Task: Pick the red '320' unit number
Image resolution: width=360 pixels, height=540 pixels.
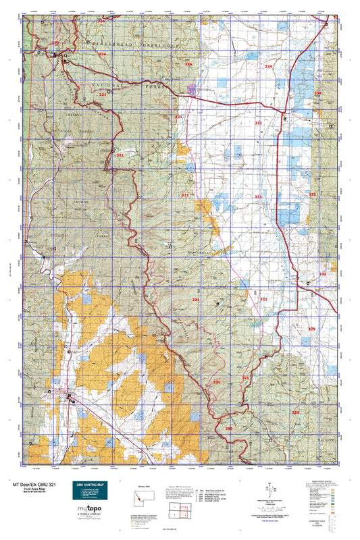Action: click(228, 428)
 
